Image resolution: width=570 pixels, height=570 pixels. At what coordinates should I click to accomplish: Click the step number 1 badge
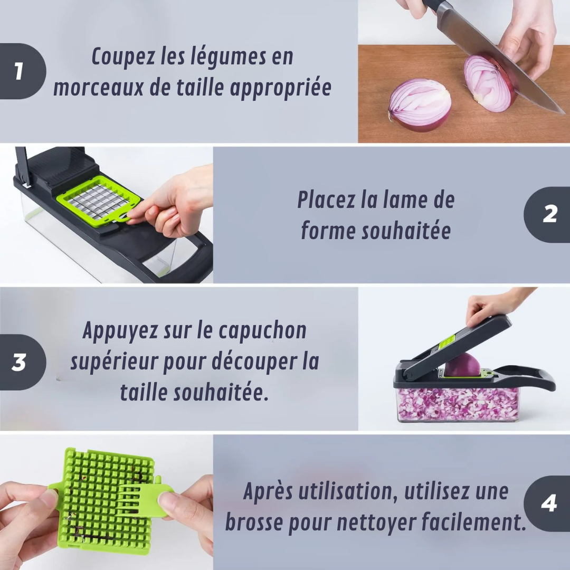(x=20, y=71)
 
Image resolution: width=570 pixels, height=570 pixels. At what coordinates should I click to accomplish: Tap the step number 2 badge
(x=549, y=214)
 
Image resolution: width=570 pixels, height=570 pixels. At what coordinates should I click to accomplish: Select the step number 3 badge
(x=20, y=363)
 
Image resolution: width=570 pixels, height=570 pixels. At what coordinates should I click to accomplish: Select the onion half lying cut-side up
(x=420, y=104)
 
